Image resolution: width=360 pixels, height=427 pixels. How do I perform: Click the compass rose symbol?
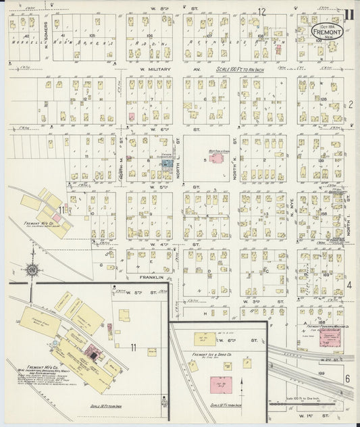[32, 270]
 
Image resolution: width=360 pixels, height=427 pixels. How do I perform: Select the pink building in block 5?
[217, 158]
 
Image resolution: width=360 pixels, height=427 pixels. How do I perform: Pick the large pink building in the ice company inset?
[218, 386]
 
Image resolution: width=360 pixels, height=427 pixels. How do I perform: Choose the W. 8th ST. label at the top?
[160, 8]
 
